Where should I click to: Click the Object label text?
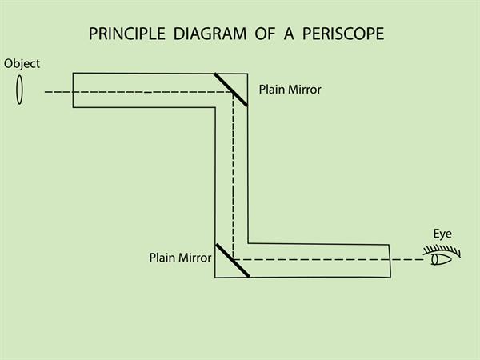(x=21, y=63)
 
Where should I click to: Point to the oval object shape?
(x=20, y=90)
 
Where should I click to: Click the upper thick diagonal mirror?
(x=230, y=90)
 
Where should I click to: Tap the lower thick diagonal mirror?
(x=232, y=260)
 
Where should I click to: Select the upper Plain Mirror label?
(x=290, y=90)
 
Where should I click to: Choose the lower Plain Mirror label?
(x=180, y=258)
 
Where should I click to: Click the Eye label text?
(x=442, y=234)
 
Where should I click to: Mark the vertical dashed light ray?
(x=233, y=176)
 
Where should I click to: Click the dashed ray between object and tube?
(x=58, y=92)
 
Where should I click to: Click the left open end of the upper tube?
(x=74, y=90)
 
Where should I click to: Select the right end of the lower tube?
(x=390, y=261)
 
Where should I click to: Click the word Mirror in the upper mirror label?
(x=304, y=90)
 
